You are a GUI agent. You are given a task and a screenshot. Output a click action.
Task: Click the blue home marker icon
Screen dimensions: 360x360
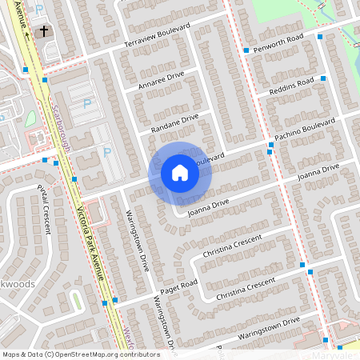point(180,173)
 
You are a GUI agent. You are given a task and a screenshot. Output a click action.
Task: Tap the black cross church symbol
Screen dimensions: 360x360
point(42,32)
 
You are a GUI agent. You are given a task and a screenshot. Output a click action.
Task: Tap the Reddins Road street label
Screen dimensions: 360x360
point(292,84)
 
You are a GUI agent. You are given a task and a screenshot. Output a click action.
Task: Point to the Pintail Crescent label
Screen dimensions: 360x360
point(44,209)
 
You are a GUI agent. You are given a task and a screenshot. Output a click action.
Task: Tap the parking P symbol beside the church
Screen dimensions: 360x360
point(39,9)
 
